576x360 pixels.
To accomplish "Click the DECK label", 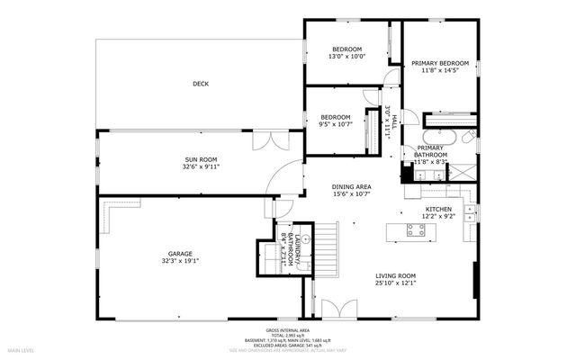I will coord(200,85).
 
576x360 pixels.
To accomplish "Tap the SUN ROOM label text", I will coord(202,159).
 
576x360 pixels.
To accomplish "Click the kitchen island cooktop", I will coord(417,230).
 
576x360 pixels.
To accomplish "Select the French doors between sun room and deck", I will coord(271,141).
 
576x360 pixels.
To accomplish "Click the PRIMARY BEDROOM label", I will coord(441,63).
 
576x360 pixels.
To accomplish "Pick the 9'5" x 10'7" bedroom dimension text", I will coord(336,124).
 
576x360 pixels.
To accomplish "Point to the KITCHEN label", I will coord(438,209).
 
